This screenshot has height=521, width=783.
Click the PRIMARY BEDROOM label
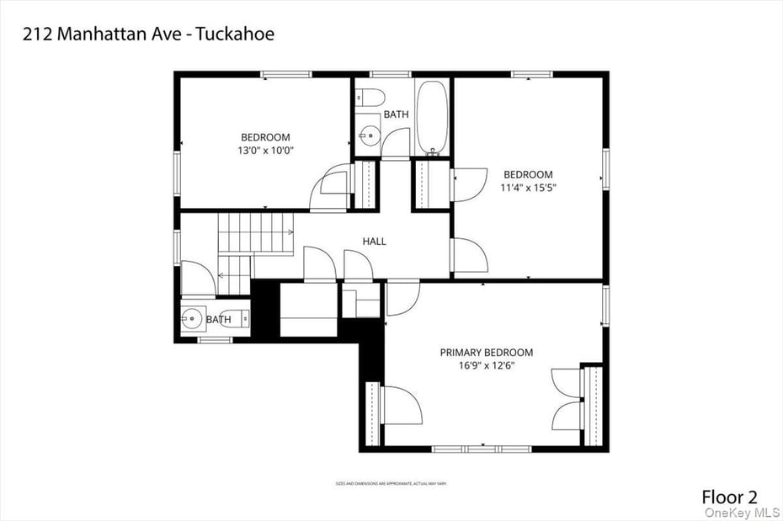click(486, 353)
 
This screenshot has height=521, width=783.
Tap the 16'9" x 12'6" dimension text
click(486, 366)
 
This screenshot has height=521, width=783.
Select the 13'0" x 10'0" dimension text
click(265, 151)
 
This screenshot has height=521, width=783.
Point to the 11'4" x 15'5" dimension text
click(528, 188)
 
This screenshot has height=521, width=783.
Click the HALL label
click(375, 242)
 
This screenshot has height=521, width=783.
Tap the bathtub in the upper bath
click(433, 118)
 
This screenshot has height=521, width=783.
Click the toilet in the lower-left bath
click(236, 318)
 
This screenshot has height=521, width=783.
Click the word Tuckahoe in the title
click(239, 35)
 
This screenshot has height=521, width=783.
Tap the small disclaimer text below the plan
click(391, 484)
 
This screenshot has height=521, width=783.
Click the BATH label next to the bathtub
click(397, 114)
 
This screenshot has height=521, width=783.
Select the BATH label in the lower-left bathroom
click(218, 320)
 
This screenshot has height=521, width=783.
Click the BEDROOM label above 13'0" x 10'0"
click(265, 137)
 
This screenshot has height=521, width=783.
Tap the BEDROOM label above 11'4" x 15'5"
click(528, 174)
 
